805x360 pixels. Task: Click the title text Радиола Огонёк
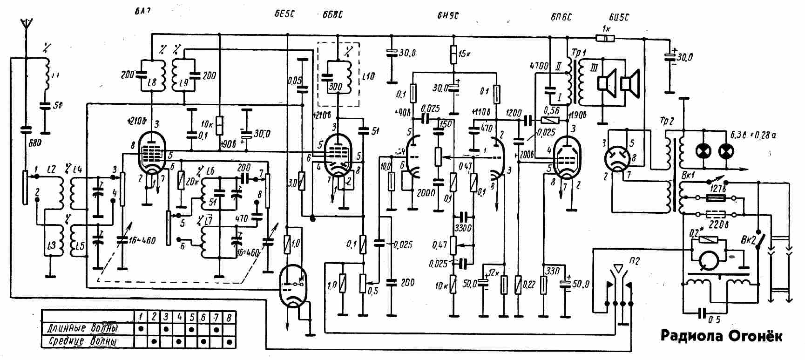pyautogui.click(x=722, y=336)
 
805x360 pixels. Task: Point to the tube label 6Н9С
pyautogui.click(x=448, y=15)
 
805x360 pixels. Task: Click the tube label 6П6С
pyautogui.click(x=561, y=17)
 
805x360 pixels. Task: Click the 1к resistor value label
pyautogui.click(x=606, y=29)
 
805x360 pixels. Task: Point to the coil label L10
pyautogui.click(x=368, y=75)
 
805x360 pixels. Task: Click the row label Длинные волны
pyautogui.click(x=82, y=328)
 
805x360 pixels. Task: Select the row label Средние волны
pyautogui.click(x=82, y=341)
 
